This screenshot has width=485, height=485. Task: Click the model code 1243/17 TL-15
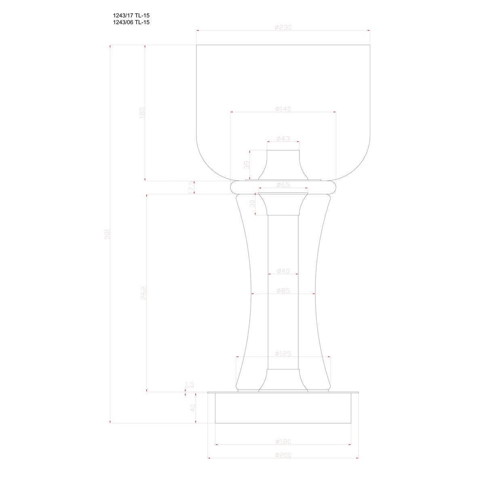pos(131,16)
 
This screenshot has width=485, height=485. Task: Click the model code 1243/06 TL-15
pos(131,23)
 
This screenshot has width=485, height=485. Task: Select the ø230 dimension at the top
pos(283,27)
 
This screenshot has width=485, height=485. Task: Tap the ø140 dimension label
pos(283,109)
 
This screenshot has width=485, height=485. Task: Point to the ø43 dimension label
pos(283,139)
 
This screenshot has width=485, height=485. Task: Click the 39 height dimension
pos(247,164)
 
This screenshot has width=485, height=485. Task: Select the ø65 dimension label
pos(283,185)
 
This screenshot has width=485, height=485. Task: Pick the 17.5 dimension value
pos(192,188)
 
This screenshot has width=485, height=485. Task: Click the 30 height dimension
pos(253,204)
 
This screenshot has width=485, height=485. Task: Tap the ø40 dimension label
pos(283,271)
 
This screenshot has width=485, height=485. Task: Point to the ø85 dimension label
pos(283,291)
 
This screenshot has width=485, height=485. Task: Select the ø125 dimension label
pos(283,354)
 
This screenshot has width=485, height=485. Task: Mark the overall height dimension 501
pos(107,234)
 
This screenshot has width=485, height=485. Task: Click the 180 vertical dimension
pos(142,113)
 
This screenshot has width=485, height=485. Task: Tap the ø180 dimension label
pos(283,442)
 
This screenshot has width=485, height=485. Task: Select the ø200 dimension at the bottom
pos(283,455)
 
